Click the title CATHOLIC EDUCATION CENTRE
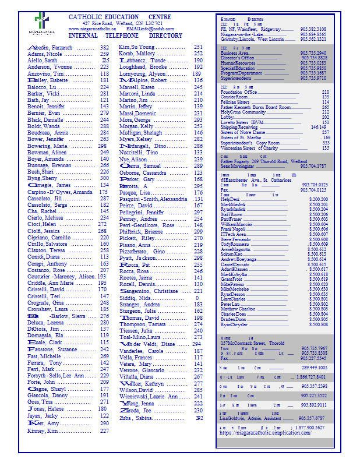coord(119,17)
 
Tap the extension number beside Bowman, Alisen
coord(104,152)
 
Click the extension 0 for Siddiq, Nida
coord(197,298)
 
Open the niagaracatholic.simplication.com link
coord(264,433)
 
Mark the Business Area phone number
coord(313,53)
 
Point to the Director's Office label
coord(238,58)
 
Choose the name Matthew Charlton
coord(238,309)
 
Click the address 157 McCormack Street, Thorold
coord(252,344)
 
